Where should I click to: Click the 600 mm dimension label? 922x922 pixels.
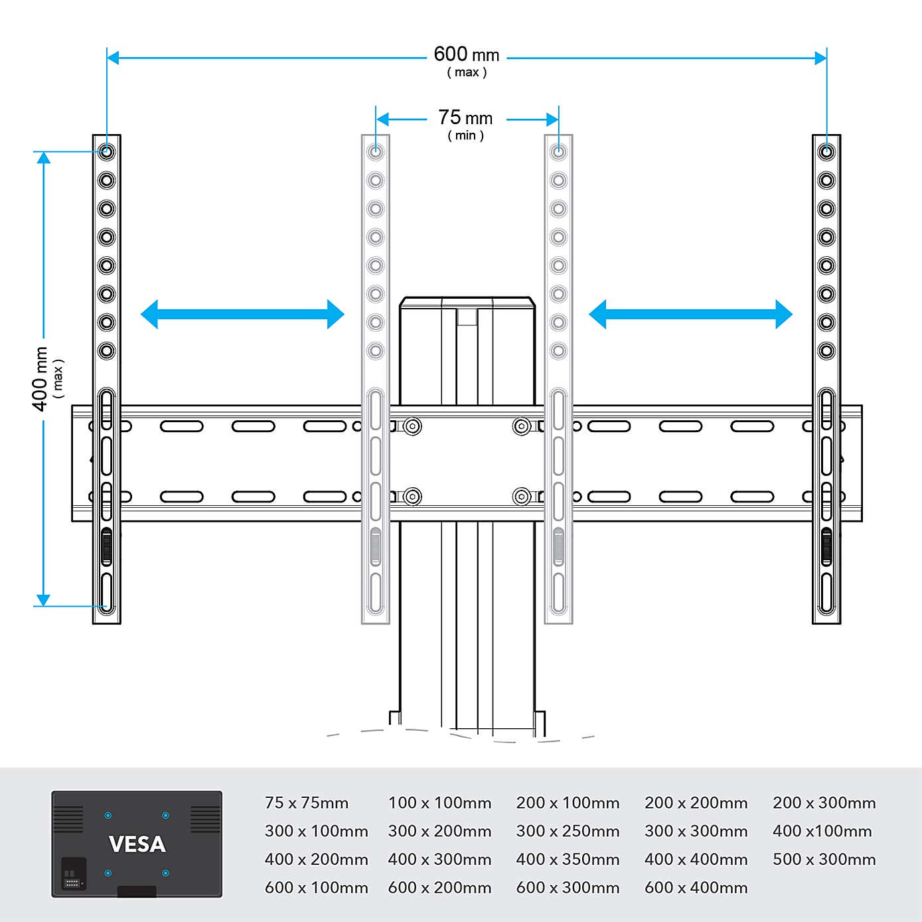pyautogui.click(x=466, y=54)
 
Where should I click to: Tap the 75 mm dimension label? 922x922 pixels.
pyautogui.click(x=465, y=118)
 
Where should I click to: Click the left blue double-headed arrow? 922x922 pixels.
pyautogui.click(x=242, y=314)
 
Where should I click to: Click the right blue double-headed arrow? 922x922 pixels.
pyautogui.click(x=690, y=314)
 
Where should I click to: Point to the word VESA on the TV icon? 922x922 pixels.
pyautogui.click(x=137, y=844)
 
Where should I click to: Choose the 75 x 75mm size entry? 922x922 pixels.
pyautogui.click(x=306, y=803)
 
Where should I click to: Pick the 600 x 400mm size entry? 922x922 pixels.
pyautogui.click(x=696, y=887)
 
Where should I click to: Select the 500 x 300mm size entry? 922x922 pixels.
pyautogui.click(x=824, y=860)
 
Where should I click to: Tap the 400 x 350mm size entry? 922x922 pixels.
pyautogui.click(x=568, y=860)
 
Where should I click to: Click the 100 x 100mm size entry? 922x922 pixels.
pyautogui.click(x=439, y=803)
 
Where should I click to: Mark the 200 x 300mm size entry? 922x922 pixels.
pyautogui.click(x=824, y=803)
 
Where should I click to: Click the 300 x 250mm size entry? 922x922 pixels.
pyautogui.click(x=568, y=831)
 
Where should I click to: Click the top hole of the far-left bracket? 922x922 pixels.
pyautogui.click(x=107, y=152)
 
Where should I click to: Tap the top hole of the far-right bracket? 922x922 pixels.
pyautogui.click(x=826, y=152)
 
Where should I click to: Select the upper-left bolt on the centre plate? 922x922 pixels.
pyautogui.click(x=412, y=426)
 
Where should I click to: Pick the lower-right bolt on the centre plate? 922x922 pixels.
pyautogui.click(x=522, y=496)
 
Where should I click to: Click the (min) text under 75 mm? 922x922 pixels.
pyautogui.click(x=465, y=135)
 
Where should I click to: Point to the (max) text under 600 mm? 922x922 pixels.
pyautogui.click(x=467, y=72)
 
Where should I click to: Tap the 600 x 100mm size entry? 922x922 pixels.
pyautogui.click(x=316, y=887)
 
